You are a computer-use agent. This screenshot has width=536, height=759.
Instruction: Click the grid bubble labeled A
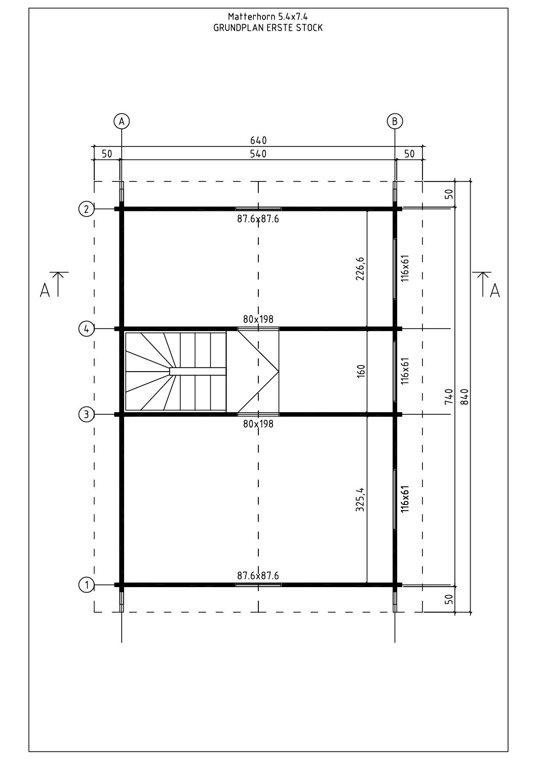click(x=122, y=121)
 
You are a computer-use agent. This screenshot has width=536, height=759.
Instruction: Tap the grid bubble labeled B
click(x=395, y=121)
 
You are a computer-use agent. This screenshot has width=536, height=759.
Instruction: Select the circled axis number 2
click(x=86, y=209)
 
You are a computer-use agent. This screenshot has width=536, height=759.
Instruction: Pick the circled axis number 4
click(x=86, y=329)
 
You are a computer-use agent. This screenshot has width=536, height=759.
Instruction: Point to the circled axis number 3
click(x=86, y=414)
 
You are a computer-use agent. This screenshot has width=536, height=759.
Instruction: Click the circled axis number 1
click(x=86, y=585)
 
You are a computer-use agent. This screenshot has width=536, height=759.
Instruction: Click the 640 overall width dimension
click(x=258, y=140)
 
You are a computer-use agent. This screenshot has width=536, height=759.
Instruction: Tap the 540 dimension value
click(x=258, y=154)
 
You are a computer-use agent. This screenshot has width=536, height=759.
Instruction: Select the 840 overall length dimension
click(x=465, y=396)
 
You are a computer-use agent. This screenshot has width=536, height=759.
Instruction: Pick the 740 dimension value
click(x=449, y=396)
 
